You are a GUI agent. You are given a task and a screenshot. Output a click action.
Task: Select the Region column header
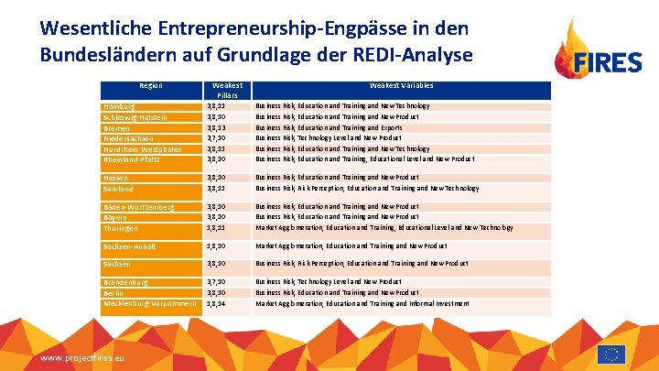pos(150,86)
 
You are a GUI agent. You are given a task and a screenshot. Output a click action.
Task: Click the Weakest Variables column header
pos(402,86)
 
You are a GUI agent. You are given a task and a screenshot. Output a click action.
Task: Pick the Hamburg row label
pos(121,107)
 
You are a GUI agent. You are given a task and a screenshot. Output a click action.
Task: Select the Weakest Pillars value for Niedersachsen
pos(217,137)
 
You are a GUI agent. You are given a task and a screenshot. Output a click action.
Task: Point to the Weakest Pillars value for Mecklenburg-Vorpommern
pos(217,302)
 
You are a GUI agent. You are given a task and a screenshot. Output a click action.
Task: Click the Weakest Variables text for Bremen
pos(329,127)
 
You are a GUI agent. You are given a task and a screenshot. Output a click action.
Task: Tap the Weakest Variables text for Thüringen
pos(384,227)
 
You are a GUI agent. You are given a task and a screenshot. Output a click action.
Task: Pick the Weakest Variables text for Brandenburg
pos(329,282)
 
